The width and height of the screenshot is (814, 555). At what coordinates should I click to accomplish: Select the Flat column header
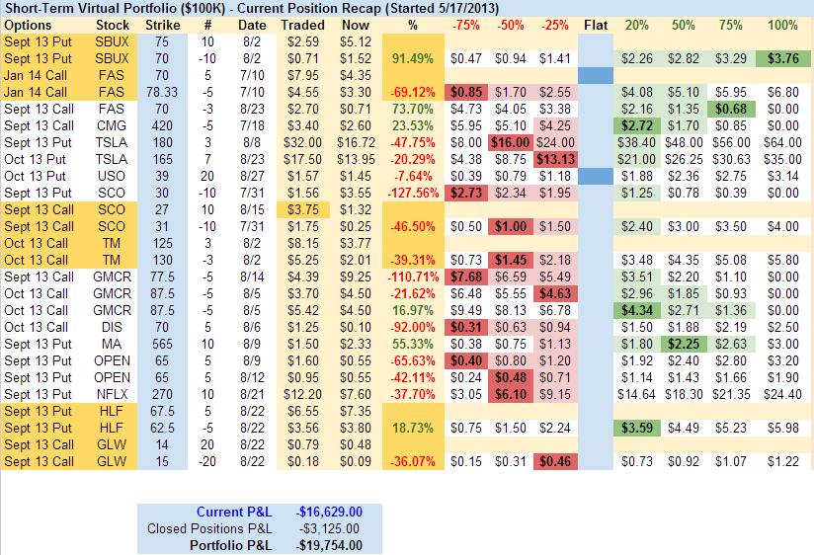click(596, 24)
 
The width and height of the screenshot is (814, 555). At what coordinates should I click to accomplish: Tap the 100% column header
click(782, 24)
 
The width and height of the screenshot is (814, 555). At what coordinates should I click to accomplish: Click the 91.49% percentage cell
click(414, 58)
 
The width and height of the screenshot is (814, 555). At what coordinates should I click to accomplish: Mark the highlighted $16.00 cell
click(510, 142)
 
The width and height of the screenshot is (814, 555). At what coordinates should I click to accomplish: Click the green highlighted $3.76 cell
click(782, 58)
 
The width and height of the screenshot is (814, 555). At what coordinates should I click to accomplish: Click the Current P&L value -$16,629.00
click(329, 512)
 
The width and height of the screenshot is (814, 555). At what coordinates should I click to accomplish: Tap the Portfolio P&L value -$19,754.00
click(329, 545)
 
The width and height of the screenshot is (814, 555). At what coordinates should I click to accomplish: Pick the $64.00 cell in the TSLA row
click(782, 142)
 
